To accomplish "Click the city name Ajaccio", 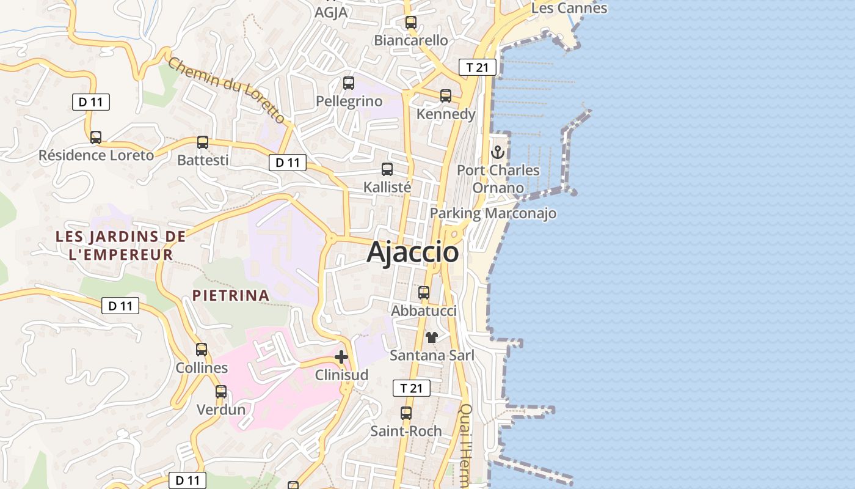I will [x=413, y=252].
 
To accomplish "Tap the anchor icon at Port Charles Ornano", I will [x=498, y=152].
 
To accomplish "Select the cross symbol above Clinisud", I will [x=341, y=357].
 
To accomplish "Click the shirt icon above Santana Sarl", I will [x=432, y=337].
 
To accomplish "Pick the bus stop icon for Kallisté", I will [x=387, y=169].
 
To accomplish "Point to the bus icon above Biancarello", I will [x=411, y=23].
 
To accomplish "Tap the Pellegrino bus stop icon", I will [x=349, y=83].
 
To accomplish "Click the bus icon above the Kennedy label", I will [x=446, y=96].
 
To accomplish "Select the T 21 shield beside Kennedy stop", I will [x=477, y=67].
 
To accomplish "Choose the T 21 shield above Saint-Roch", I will [x=411, y=388].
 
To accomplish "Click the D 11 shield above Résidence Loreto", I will [x=91, y=102].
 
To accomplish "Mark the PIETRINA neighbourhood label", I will [x=231, y=295].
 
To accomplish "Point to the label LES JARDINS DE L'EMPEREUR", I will [x=120, y=245].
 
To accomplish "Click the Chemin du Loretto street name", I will [x=227, y=90].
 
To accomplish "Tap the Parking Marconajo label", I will [x=493, y=213].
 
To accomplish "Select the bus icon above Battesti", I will [x=203, y=142].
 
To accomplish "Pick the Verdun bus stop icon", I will [x=221, y=392].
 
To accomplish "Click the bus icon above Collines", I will [x=202, y=350].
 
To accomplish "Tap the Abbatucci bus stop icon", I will [x=424, y=293].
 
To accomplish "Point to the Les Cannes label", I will [x=569, y=8].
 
